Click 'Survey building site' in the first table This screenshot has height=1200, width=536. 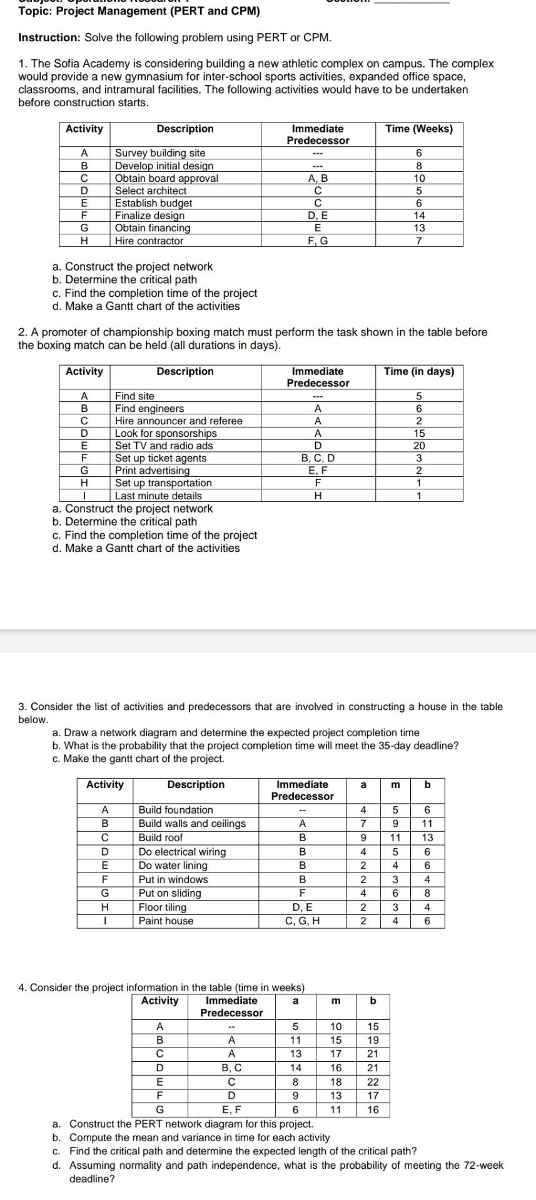point(159,153)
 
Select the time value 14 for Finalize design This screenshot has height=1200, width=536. point(419,216)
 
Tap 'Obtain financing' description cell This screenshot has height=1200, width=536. point(152,228)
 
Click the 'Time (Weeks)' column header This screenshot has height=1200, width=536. point(419,129)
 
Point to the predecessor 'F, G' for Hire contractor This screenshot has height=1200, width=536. point(318,241)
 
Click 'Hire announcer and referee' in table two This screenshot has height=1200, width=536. point(178,421)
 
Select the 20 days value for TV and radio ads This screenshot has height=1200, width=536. point(419,446)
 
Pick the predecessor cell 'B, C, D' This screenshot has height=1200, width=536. point(318,458)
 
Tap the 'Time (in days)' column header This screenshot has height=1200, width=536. point(419,371)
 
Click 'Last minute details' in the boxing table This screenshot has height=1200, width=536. point(158,496)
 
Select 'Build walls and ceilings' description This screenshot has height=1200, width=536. point(192,823)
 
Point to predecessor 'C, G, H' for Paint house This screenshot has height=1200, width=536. point(302,921)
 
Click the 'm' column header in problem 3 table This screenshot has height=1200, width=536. point(395,784)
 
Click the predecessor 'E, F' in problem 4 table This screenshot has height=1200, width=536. point(231,1110)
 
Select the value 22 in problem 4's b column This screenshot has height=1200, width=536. point(373,1082)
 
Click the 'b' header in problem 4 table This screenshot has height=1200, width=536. point(373,1001)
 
